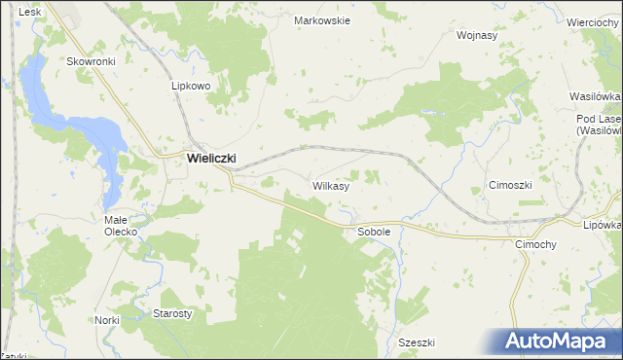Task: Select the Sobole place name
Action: (374, 233)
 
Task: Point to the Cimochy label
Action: (534, 244)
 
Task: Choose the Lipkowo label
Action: (191, 86)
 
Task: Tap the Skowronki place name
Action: (91, 60)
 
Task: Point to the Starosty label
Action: (172, 313)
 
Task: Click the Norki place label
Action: (107, 320)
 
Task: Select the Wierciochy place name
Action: (594, 22)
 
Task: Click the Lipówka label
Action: (603, 224)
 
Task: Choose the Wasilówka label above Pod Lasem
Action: (596, 97)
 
